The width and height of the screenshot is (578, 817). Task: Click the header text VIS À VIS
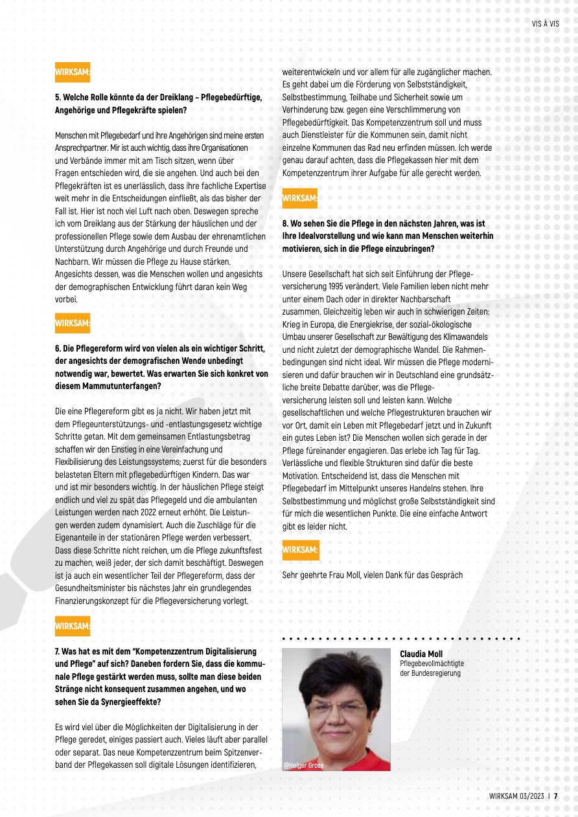(x=545, y=22)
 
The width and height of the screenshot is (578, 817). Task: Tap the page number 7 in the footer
(x=555, y=796)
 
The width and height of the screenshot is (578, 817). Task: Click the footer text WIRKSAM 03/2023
(x=516, y=796)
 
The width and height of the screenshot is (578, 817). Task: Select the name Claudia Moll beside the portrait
(x=421, y=654)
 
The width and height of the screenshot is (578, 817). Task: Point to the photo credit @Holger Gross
(x=303, y=765)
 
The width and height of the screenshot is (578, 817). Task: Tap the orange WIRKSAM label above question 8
(x=300, y=197)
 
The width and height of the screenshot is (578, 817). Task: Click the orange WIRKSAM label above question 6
(x=72, y=322)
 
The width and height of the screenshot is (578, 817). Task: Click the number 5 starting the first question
(x=57, y=98)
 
